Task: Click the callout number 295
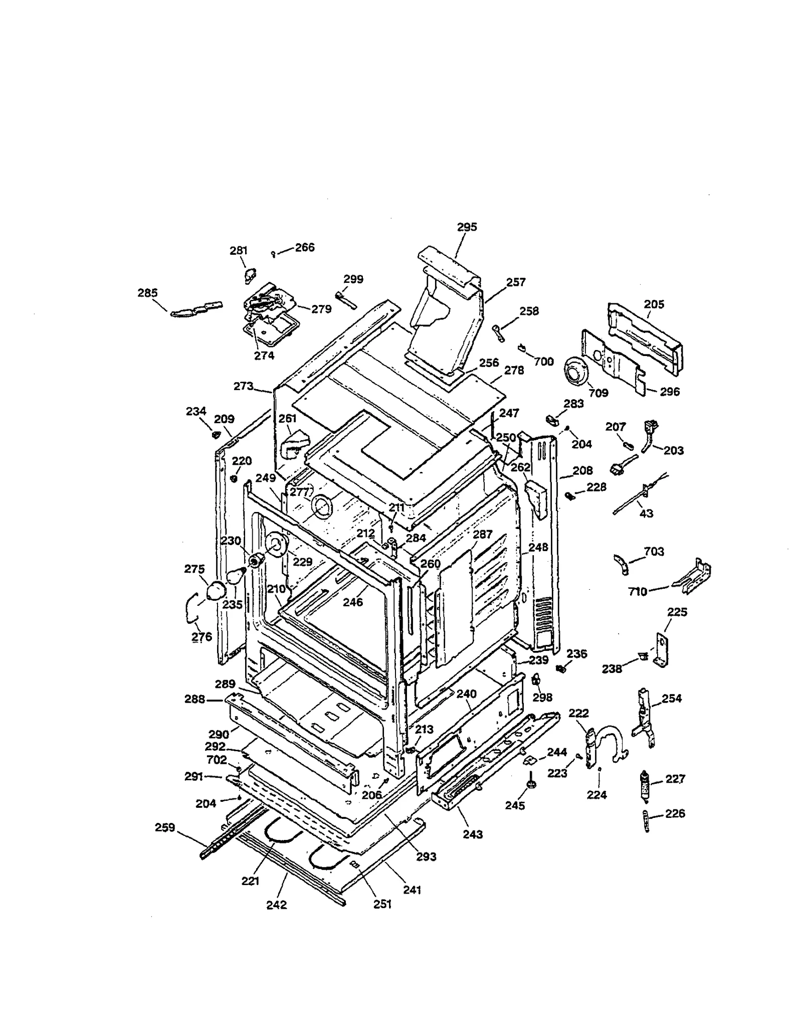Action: pyautogui.click(x=467, y=227)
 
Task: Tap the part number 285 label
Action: pyautogui.click(x=147, y=293)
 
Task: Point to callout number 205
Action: pyautogui.click(x=654, y=304)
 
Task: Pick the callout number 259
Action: pyautogui.click(x=165, y=827)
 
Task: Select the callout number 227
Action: pyautogui.click(x=675, y=779)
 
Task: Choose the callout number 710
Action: pyautogui.click(x=638, y=592)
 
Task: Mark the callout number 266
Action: pyautogui.click(x=304, y=247)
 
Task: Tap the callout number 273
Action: pyautogui.click(x=244, y=386)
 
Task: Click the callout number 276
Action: pyautogui.click(x=202, y=637)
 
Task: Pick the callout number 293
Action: pyautogui.click(x=426, y=856)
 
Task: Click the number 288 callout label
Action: pyautogui.click(x=194, y=699)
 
